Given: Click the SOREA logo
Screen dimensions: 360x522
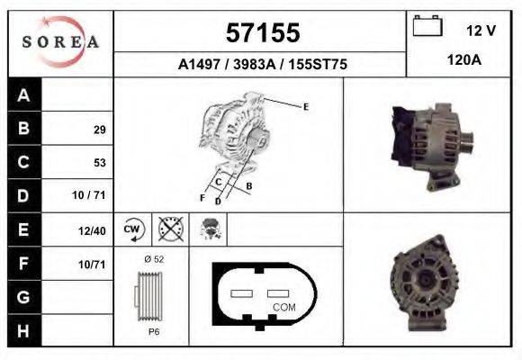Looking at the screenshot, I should (x=60, y=43).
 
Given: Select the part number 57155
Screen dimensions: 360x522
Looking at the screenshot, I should (x=262, y=33).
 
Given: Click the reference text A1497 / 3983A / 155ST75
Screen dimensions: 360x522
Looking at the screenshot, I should (x=262, y=65).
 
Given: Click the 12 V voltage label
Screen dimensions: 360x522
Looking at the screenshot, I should (x=481, y=31).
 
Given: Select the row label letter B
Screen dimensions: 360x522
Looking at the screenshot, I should (x=23, y=128).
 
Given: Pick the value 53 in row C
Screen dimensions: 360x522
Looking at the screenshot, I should (x=99, y=163).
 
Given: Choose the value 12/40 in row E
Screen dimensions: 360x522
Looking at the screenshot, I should (x=92, y=230).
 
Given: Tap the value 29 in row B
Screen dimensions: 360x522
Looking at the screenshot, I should (x=99, y=130).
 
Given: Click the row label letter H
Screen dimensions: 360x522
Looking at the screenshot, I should (x=23, y=330).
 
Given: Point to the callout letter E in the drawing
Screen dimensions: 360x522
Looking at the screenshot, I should (x=306, y=107).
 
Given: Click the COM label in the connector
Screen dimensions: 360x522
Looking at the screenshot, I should (x=283, y=307).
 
